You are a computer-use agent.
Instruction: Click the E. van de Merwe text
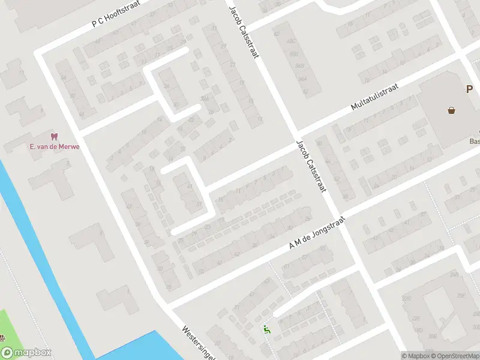tap(55, 147)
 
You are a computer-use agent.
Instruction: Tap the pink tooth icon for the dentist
tap(55, 137)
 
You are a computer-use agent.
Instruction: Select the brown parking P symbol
tap(470, 89)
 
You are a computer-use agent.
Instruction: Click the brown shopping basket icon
tap(451, 110)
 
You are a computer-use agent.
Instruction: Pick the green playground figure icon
tap(266, 329)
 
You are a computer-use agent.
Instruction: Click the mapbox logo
tap(26, 353)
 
